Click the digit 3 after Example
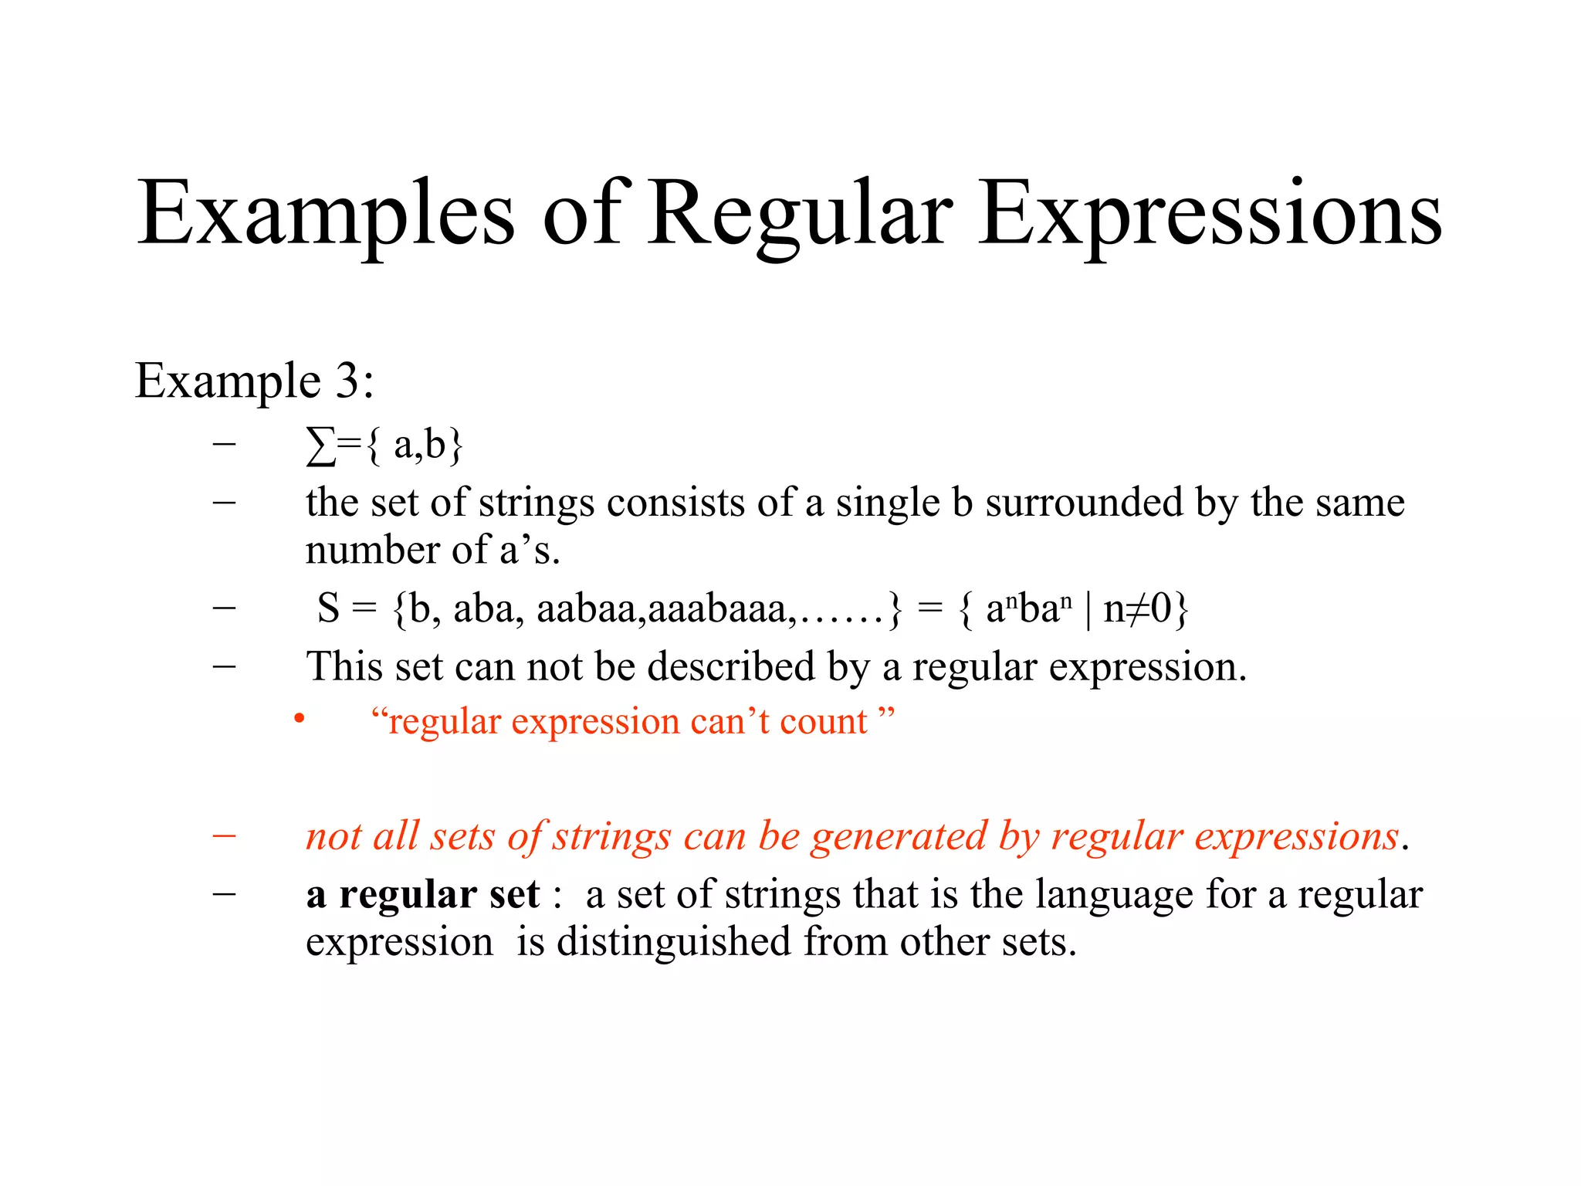(347, 381)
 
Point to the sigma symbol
(320, 446)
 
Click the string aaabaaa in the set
(717, 608)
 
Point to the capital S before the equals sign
(328, 608)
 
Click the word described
(730, 666)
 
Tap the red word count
(824, 722)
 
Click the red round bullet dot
(300, 720)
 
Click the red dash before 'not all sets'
(224, 835)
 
